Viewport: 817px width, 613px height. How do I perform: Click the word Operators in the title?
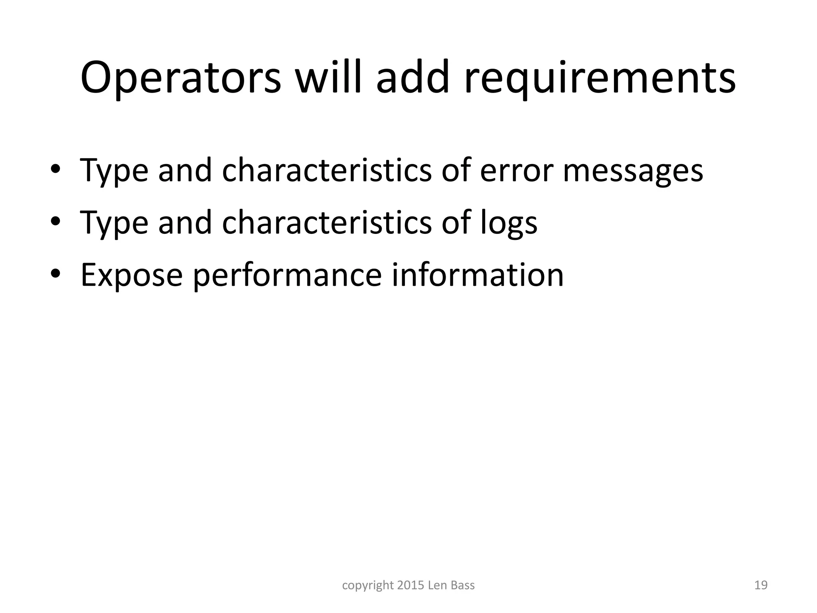[x=181, y=78]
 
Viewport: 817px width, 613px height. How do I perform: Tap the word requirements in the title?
[x=600, y=78]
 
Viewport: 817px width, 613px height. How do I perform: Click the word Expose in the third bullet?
[x=132, y=275]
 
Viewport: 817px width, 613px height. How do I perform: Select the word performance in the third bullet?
[x=287, y=275]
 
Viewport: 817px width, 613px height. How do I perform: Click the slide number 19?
[x=761, y=585]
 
